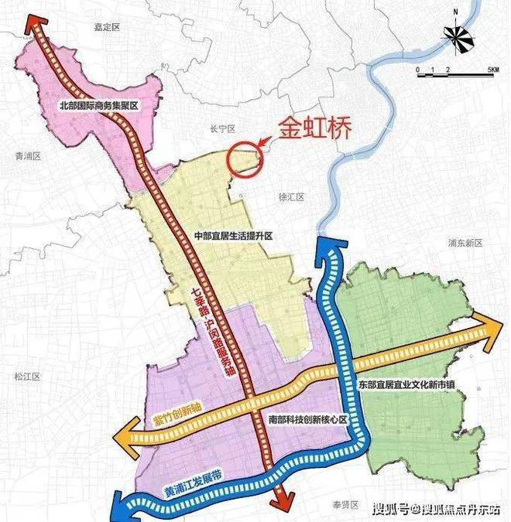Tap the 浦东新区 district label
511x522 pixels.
(465, 243)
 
